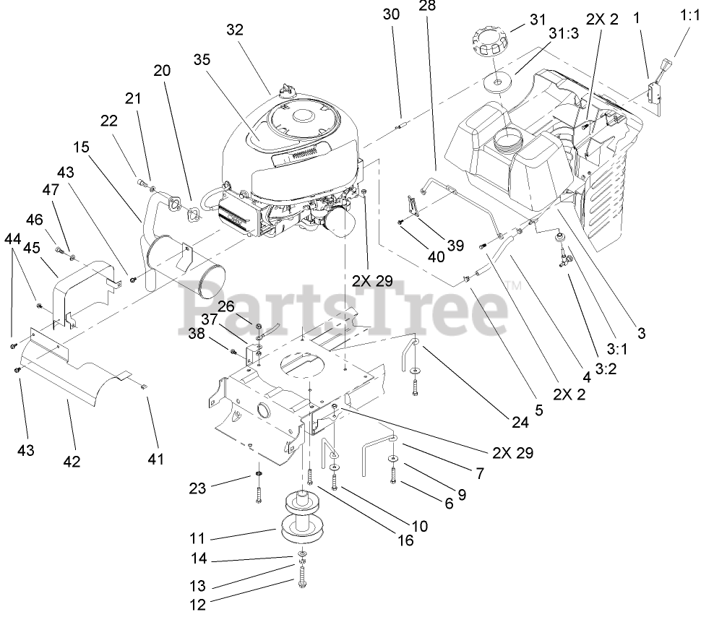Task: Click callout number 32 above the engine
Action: (x=235, y=30)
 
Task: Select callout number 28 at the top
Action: (x=427, y=7)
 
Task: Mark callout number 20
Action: (x=162, y=70)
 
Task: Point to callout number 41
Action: (x=155, y=458)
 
